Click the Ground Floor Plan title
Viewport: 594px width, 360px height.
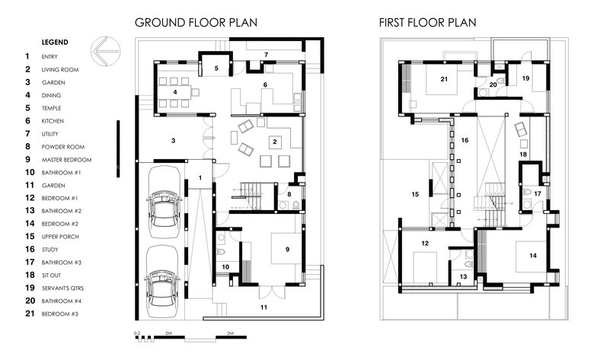tap(196, 22)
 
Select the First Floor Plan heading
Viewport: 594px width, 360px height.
tap(427, 22)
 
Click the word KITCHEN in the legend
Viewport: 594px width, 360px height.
tap(53, 121)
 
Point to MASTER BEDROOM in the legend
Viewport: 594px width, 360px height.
tap(67, 160)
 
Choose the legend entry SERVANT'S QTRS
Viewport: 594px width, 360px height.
tap(63, 288)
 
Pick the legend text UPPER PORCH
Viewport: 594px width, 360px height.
tap(60, 237)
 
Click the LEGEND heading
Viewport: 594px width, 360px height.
tap(55, 43)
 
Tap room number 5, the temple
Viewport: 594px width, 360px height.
tap(216, 68)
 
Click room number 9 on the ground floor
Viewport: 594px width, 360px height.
tap(288, 249)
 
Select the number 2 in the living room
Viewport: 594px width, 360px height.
tap(275, 142)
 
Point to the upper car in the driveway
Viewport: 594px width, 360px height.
tap(164, 202)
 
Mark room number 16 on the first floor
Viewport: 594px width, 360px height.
tap(465, 140)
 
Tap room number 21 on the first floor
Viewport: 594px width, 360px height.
tap(444, 79)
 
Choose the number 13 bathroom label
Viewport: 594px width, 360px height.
tap(463, 277)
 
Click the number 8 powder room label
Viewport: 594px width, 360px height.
tap(289, 194)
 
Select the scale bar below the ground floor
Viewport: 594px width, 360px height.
tap(190, 337)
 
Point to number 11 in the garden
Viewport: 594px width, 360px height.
tap(263, 307)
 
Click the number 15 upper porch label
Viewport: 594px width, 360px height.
tap(415, 194)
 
